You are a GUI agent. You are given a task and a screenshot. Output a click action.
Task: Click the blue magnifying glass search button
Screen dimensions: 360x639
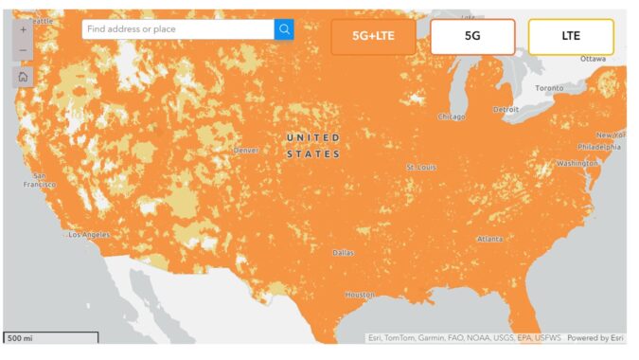[x=284, y=29]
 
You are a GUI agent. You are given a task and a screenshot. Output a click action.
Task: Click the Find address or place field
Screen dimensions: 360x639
[x=178, y=29]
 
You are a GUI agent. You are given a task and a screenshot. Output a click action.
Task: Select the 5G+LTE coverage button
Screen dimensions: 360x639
[x=373, y=36]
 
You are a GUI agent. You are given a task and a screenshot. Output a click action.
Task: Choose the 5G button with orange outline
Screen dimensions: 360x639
[x=472, y=36]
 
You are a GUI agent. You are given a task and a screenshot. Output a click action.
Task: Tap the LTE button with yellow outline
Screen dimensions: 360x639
[x=571, y=36]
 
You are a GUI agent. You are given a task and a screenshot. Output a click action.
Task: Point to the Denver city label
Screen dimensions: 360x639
[x=246, y=150]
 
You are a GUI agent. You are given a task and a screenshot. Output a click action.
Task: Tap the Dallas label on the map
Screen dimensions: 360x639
[x=344, y=253]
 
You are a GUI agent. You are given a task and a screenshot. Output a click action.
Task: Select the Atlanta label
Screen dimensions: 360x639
[x=490, y=239]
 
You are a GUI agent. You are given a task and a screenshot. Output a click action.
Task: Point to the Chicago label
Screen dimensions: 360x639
[x=452, y=117]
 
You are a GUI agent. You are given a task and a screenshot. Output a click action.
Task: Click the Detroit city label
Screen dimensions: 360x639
[x=506, y=109]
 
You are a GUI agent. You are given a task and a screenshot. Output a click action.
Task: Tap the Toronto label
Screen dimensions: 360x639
[x=548, y=88]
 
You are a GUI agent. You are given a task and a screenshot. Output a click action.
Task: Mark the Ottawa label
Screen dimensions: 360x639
[x=593, y=59]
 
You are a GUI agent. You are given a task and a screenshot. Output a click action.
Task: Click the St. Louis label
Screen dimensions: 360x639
[x=421, y=167]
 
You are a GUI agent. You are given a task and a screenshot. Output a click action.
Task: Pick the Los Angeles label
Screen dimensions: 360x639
[x=89, y=234]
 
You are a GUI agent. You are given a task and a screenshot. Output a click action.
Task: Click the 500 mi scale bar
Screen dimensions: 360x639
[x=50, y=336]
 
